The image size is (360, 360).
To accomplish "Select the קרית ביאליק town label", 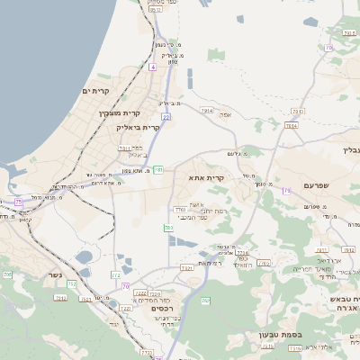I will (139, 128).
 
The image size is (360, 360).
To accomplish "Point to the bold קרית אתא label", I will (206, 178).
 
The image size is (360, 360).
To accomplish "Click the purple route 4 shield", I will (154, 67).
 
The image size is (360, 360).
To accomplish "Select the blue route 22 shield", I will (166, 117).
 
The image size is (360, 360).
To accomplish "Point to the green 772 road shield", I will (116, 274).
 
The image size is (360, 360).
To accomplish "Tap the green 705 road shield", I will (7, 273).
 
